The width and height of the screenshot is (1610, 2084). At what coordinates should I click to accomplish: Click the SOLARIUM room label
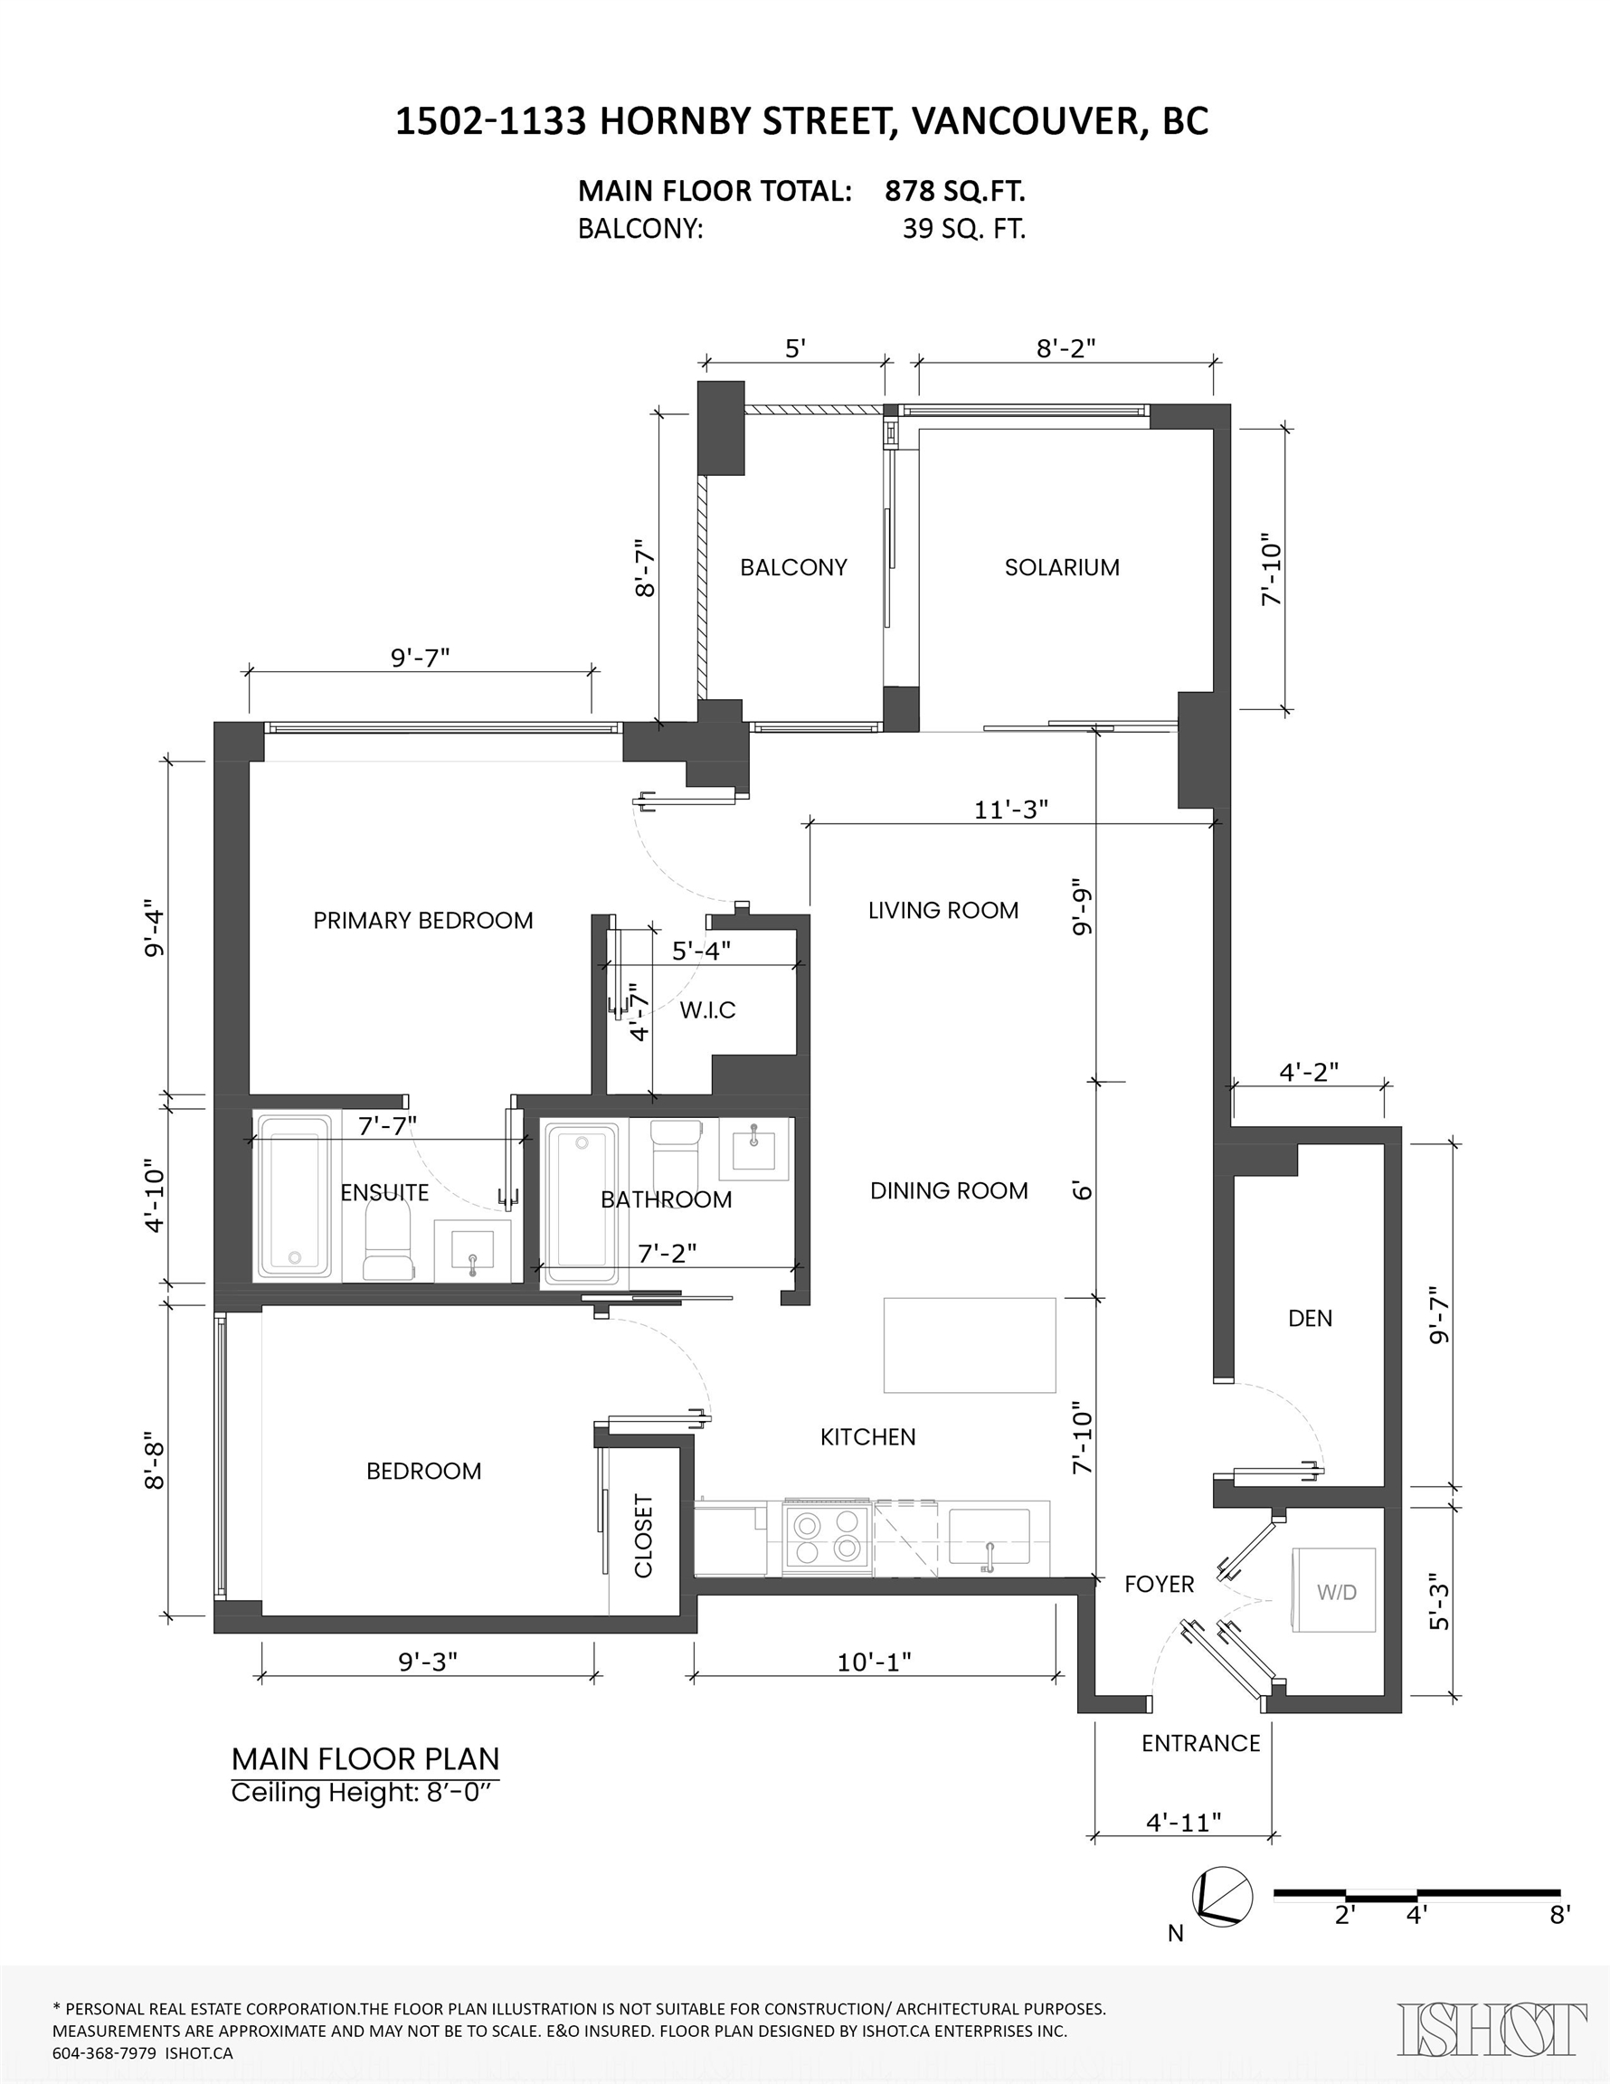click(x=1061, y=568)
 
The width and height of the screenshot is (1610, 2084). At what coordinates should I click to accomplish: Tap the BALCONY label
click(x=793, y=568)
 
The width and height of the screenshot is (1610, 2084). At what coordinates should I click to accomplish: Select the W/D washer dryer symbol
click(x=1335, y=1592)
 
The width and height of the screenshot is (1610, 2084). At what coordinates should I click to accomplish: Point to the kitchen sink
click(x=989, y=1536)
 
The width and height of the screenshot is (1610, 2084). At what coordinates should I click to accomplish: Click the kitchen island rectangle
click(x=969, y=1345)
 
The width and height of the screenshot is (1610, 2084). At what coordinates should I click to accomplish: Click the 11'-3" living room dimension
click(x=1010, y=810)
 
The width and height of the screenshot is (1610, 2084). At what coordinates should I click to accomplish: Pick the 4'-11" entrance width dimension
click(x=1183, y=1823)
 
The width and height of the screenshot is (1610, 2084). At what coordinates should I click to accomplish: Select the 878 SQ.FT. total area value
click(x=954, y=192)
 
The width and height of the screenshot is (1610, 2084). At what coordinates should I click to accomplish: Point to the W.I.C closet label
click(x=707, y=1010)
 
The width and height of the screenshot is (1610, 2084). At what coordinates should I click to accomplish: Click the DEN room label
click(x=1310, y=1319)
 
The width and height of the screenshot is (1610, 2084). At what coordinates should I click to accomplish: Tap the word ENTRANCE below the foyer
click(x=1200, y=1743)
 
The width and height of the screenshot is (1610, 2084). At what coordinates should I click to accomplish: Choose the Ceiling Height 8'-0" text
click(x=365, y=1792)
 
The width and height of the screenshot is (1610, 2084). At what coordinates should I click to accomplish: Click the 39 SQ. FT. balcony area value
click(x=964, y=230)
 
